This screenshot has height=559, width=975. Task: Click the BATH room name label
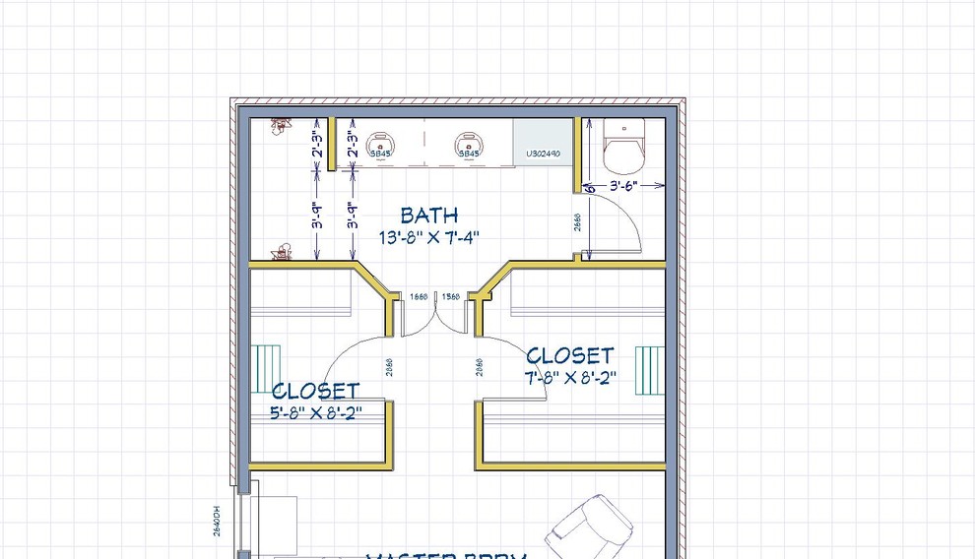coord(428,215)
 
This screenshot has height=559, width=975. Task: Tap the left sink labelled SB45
coord(380,146)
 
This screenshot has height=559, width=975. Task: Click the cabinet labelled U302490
coord(542,154)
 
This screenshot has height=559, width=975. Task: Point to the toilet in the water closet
coord(622,146)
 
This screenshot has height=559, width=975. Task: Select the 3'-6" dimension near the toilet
coord(623,185)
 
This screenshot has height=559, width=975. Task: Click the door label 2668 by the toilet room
coord(577,223)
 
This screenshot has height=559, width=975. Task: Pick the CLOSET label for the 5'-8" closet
coord(315,392)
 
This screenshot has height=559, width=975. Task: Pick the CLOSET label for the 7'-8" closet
coord(569,355)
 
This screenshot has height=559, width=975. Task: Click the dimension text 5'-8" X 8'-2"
coord(315,413)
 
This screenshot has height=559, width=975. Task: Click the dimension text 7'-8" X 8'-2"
coord(569,377)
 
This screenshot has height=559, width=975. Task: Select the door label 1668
coord(419,296)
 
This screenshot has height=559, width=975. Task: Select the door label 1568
coord(451,296)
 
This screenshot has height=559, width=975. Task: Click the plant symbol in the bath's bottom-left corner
coord(283,254)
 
